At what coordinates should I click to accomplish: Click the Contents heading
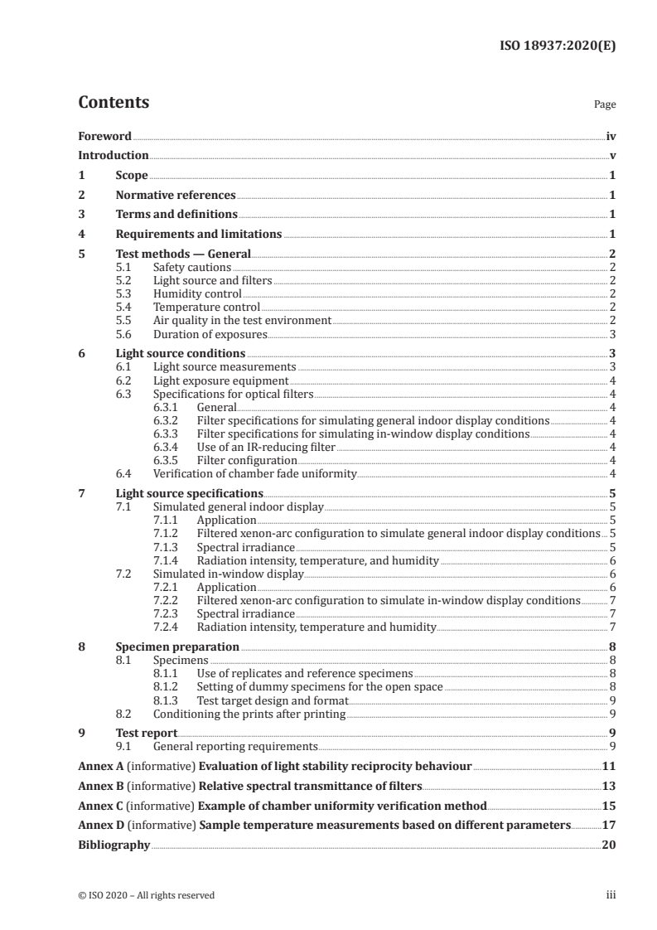pyautogui.click(x=114, y=103)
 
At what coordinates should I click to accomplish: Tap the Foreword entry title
pyautogui.click(x=104, y=135)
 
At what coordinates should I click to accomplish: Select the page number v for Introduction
pyautogui.click(x=611, y=155)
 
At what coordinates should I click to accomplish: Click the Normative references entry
pyautogui.click(x=176, y=195)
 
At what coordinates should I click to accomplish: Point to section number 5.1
pyautogui.click(x=123, y=267)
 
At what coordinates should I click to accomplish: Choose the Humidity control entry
pyautogui.click(x=197, y=293)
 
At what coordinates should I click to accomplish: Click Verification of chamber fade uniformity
pyautogui.click(x=254, y=473)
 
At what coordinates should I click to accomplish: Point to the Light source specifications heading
pyautogui.click(x=181, y=493)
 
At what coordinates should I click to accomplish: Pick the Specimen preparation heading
pyautogui.click(x=177, y=647)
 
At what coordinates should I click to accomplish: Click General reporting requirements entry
pyautogui.click(x=235, y=746)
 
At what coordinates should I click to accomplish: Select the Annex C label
pyautogui.click(x=99, y=805)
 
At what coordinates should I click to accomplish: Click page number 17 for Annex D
pyautogui.click(x=609, y=825)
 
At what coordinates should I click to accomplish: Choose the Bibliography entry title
pyautogui.click(x=114, y=845)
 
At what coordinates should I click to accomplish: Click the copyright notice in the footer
pyautogui.click(x=146, y=894)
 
